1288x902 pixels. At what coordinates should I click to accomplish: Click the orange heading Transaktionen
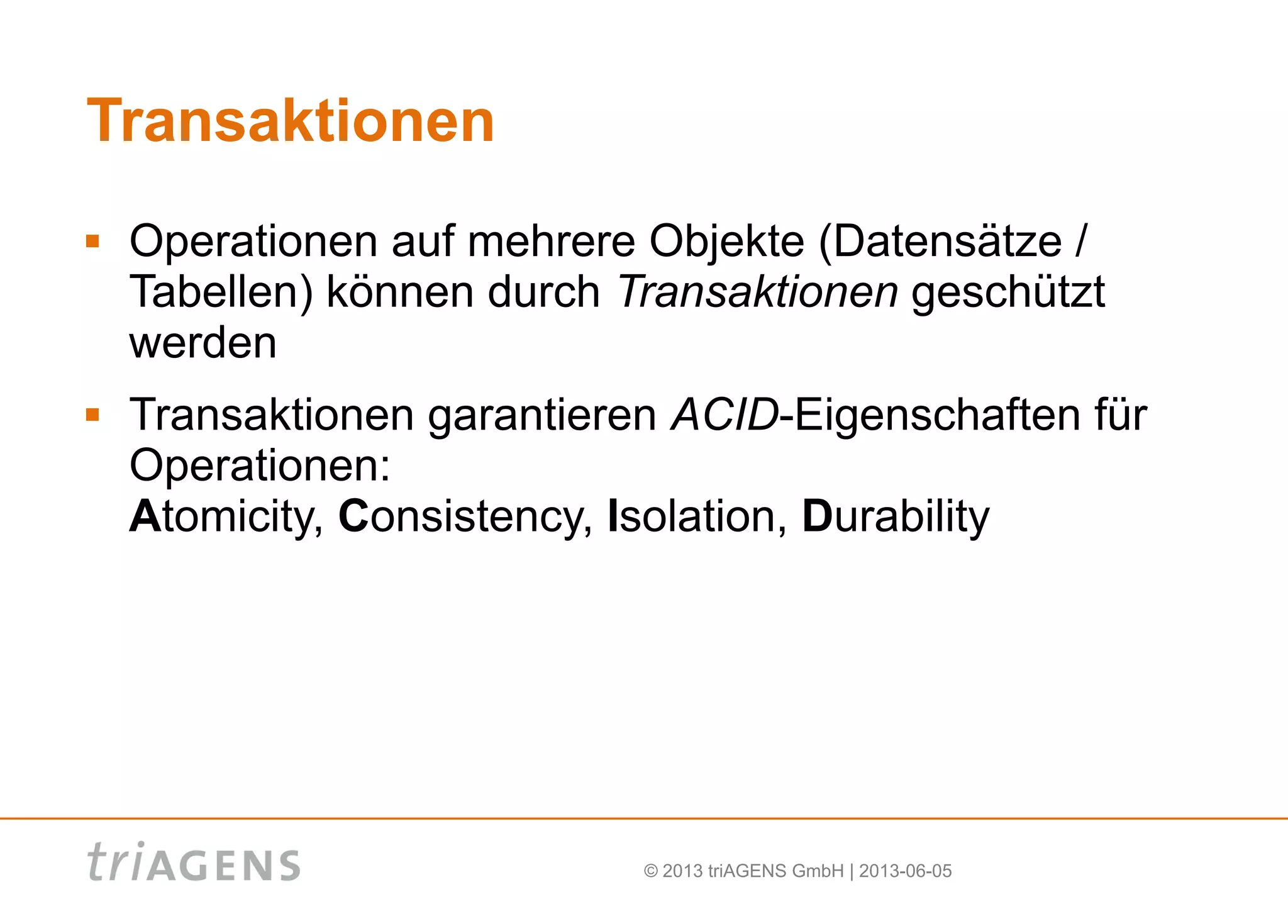291,121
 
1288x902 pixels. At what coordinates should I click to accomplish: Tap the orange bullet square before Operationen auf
93,241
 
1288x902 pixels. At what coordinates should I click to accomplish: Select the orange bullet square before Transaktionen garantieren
93,415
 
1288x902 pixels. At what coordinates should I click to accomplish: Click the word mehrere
552,242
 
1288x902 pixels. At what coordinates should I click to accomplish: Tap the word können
400,292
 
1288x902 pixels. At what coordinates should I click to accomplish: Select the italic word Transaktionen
758,292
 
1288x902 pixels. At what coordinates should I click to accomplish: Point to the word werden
203,343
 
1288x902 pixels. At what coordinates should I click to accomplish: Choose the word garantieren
542,416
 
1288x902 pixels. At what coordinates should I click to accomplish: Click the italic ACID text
724,415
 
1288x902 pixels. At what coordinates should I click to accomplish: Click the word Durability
896,517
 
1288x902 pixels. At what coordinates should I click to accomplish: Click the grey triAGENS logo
194,862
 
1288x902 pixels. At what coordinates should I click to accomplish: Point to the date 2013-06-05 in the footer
905,871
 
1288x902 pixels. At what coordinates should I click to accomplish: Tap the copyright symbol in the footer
651,871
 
